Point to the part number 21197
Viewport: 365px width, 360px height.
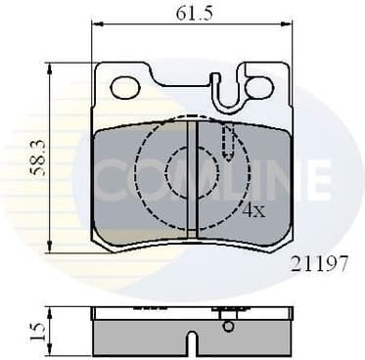click(x=319, y=263)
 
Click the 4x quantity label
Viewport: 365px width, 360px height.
click(x=253, y=208)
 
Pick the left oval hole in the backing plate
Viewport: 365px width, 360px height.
click(x=125, y=88)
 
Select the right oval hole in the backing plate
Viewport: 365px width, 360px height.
click(x=259, y=88)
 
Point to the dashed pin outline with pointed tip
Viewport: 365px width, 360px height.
click(x=226, y=143)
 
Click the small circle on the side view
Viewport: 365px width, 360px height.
click(x=227, y=325)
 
